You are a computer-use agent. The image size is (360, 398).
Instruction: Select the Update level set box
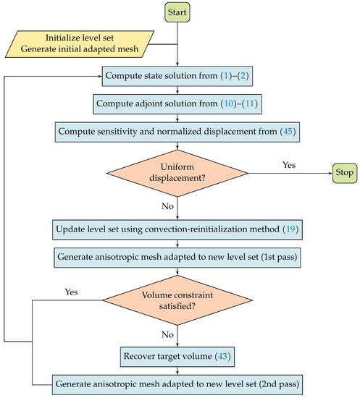tap(177, 229)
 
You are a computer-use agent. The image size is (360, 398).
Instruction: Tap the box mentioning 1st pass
tap(177, 256)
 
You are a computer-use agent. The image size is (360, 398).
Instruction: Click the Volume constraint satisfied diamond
tap(177, 298)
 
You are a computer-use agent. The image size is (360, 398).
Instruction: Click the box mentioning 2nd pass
tap(177, 381)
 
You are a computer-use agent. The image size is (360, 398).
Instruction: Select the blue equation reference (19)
tap(290, 229)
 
